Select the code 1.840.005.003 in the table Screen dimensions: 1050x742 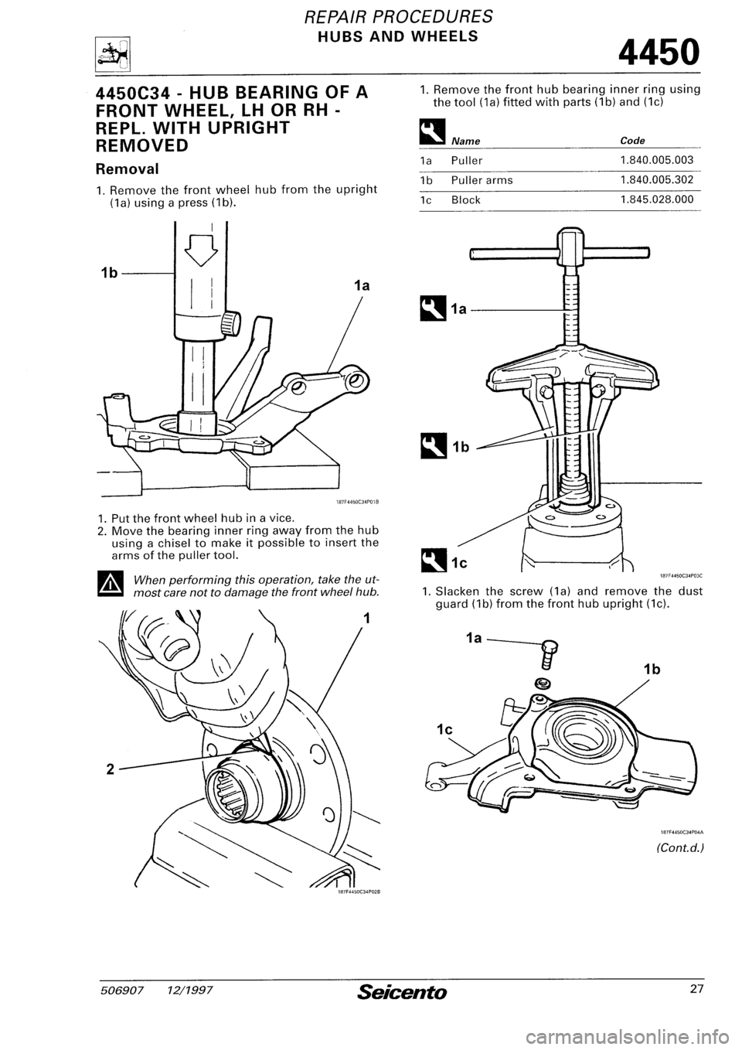pos(656,160)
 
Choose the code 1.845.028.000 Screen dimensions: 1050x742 pos(656,199)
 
